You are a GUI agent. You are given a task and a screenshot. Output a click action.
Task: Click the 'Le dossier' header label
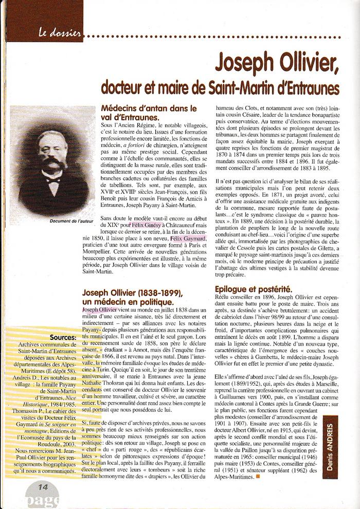click(x=60, y=34)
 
